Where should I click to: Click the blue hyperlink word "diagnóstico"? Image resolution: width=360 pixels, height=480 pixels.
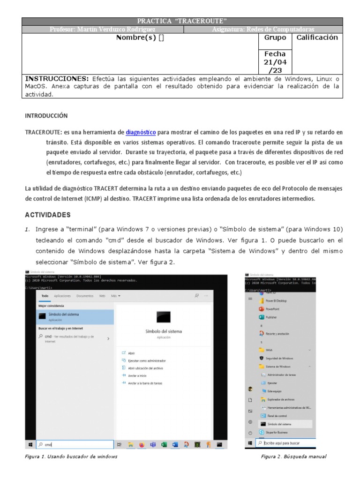(x=141, y=133)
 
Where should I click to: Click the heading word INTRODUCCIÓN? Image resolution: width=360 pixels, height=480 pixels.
(x=46, y=115)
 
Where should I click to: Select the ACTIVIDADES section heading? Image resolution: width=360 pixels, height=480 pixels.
(x=47, y=215)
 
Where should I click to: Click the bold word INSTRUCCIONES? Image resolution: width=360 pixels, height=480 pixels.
(x=56, y=78)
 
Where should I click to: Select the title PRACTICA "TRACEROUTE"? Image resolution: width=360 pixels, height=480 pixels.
(x=182, y=21)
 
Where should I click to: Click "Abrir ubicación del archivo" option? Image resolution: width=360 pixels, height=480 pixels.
(x=145, y=368)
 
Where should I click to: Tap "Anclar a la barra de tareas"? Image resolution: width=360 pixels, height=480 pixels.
(x=145, y=383)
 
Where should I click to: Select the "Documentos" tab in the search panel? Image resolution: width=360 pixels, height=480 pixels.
(x=85, y=296)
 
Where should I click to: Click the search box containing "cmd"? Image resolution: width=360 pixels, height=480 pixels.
(x=75, y=444)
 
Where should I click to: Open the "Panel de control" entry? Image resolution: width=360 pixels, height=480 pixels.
(x=277, y=416)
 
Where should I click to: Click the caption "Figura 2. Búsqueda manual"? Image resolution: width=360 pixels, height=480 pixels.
(x=293, y=457)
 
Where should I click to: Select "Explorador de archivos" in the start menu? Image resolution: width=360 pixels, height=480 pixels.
(x=280, y=399)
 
